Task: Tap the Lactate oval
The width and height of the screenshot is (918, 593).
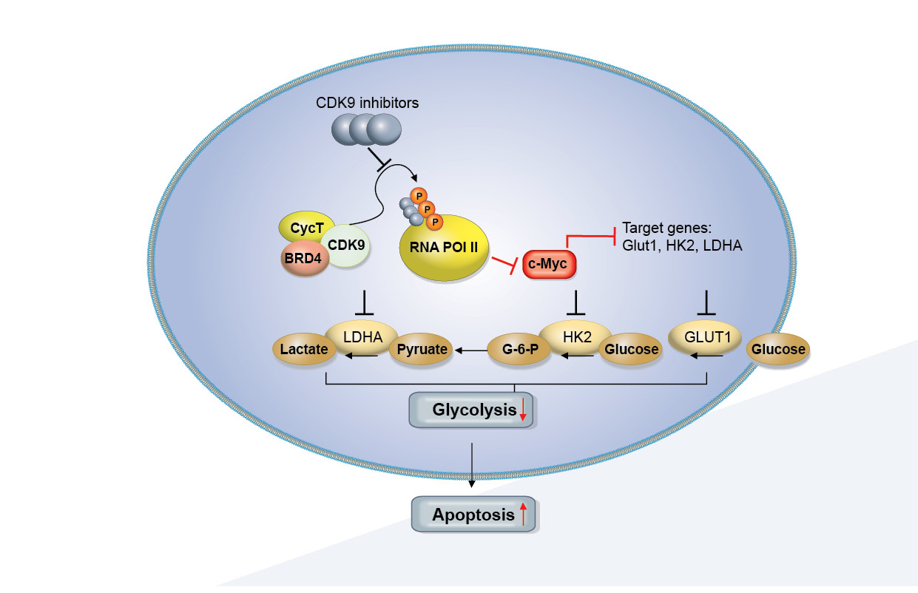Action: coord(304,350)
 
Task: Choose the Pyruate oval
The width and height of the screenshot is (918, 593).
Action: coord(422,350)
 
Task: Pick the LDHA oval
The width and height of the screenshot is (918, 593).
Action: coord(363,336)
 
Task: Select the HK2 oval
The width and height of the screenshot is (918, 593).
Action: coord(575,335)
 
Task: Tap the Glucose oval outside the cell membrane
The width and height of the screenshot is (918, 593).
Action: coord(777,350)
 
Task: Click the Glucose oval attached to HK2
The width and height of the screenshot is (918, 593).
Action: coord(630,350)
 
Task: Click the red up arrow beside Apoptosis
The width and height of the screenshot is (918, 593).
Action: coord(523,514)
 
